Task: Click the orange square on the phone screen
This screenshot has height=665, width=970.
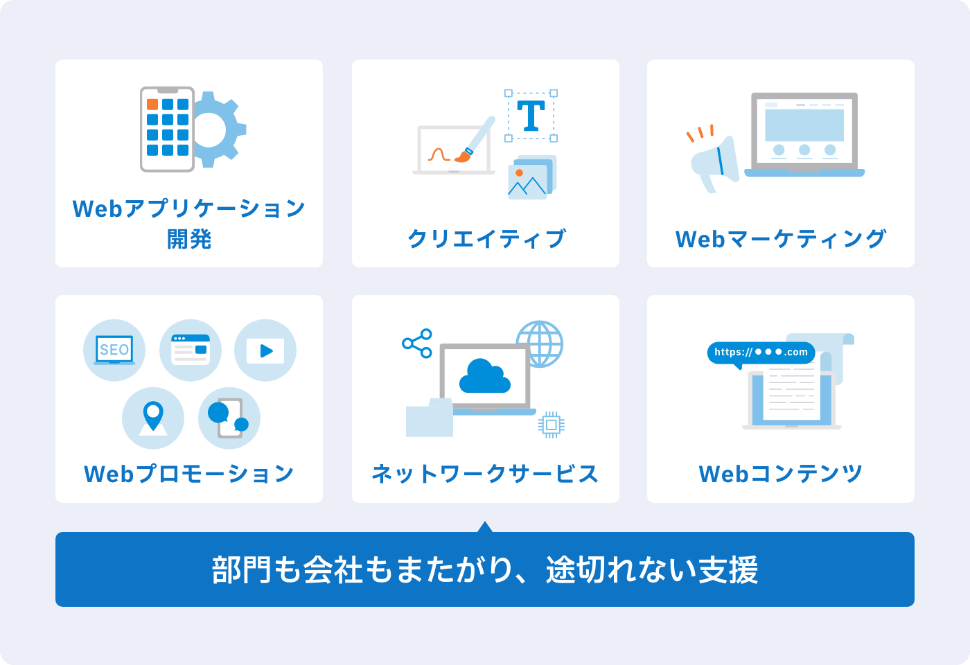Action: coord(152,105)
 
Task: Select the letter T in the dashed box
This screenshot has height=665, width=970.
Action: coord(531,116)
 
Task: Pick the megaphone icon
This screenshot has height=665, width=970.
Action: coord(715,163)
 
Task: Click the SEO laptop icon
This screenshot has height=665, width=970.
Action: coord(114,351)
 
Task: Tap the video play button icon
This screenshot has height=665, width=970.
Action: coord(265,351)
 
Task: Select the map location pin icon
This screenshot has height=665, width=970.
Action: coord(153,418)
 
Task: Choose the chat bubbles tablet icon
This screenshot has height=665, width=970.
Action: coord(229,418)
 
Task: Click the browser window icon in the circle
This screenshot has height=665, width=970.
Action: coord(191,349)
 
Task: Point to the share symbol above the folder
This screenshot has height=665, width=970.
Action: coord(417,343)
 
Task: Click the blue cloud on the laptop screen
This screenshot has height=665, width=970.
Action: coord(485,375)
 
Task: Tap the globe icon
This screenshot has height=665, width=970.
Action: coord(540,344)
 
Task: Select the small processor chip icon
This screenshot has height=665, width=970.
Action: coord(551,424)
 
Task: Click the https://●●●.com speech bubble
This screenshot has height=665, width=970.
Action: coord(761,352)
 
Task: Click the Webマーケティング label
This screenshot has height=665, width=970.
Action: coord(781,239)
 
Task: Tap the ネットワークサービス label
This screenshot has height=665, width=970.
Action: coord(485,474)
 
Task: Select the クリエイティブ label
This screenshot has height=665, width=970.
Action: coord(486,239)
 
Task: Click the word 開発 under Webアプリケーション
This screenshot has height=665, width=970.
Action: coord(189,239)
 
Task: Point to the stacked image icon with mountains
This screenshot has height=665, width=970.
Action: coord(531,178)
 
